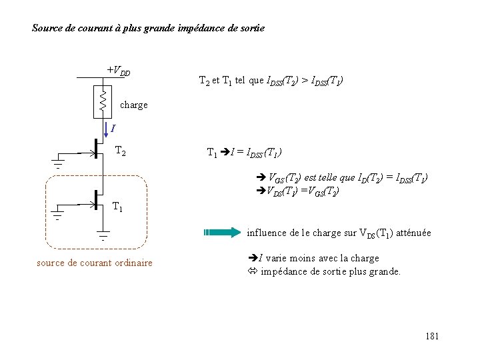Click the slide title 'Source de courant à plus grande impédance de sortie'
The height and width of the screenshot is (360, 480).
(148, 29)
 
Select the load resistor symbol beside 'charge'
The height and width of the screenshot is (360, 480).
(103, 100)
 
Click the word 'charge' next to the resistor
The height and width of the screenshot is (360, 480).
(134, 105)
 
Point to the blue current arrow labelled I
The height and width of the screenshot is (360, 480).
(106, 128)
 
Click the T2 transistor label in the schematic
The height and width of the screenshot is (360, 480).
(122, 151)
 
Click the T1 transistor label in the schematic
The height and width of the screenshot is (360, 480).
(117, 207)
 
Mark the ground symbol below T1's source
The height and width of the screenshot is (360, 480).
(103, 235)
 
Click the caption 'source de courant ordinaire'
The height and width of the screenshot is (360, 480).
(94, 263)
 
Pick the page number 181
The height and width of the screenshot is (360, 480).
(431, 336)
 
